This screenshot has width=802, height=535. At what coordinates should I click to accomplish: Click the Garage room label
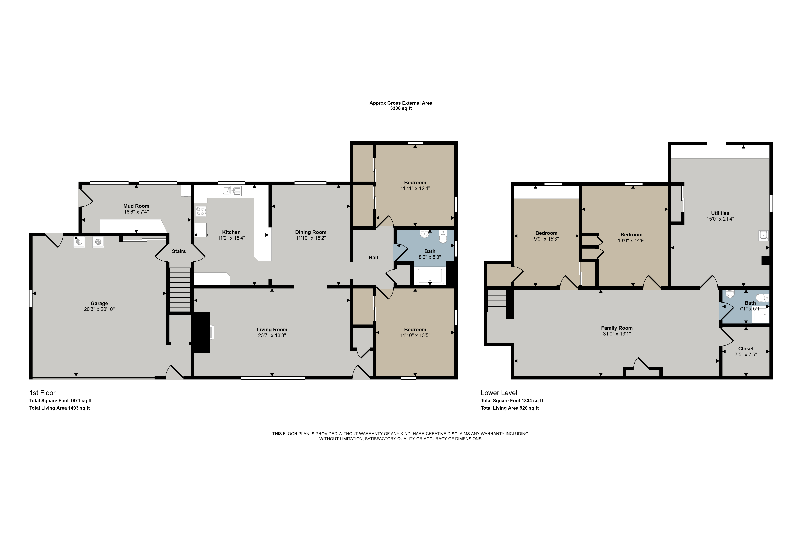point(99,303)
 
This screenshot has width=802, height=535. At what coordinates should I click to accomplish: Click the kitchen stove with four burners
point(201,211)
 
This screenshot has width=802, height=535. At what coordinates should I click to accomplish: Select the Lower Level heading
point(499,393)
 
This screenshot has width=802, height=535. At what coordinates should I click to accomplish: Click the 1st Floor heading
point(42,393)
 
